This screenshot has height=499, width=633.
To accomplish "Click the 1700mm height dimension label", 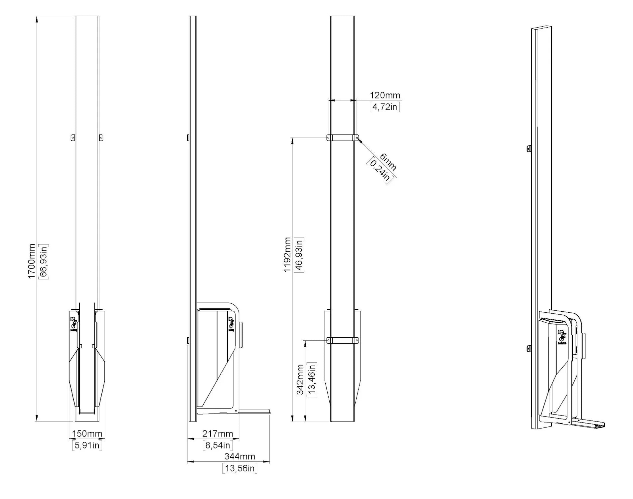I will coord(31,261).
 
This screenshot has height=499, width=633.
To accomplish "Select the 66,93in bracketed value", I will coord(44,261).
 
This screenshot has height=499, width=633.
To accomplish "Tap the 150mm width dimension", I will coord(87,433).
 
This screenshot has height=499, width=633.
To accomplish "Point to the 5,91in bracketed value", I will coord(87,445).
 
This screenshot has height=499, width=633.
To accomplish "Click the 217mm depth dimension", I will coord(218,433).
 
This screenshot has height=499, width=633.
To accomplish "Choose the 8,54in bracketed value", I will coord(218,445).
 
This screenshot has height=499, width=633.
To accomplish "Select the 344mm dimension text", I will coord(239,456).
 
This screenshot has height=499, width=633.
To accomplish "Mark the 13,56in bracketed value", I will coord(239,468).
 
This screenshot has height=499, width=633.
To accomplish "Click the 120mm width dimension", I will coord(385,95).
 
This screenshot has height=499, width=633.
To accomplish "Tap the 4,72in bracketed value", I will coord(385,107).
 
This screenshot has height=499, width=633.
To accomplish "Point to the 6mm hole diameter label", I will coord(388,162).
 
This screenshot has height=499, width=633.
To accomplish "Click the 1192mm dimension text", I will coord(287,255).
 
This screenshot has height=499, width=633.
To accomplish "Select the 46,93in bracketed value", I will coord(299,255).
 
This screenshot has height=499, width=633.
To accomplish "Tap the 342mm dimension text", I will coord(300,380).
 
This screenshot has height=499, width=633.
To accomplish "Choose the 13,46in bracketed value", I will coord(312,380).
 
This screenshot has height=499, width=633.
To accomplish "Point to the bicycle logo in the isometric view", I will coord(562,337).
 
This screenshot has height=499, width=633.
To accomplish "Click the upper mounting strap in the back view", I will coord(342,137).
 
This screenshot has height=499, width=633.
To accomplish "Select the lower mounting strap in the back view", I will coord(342,340).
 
